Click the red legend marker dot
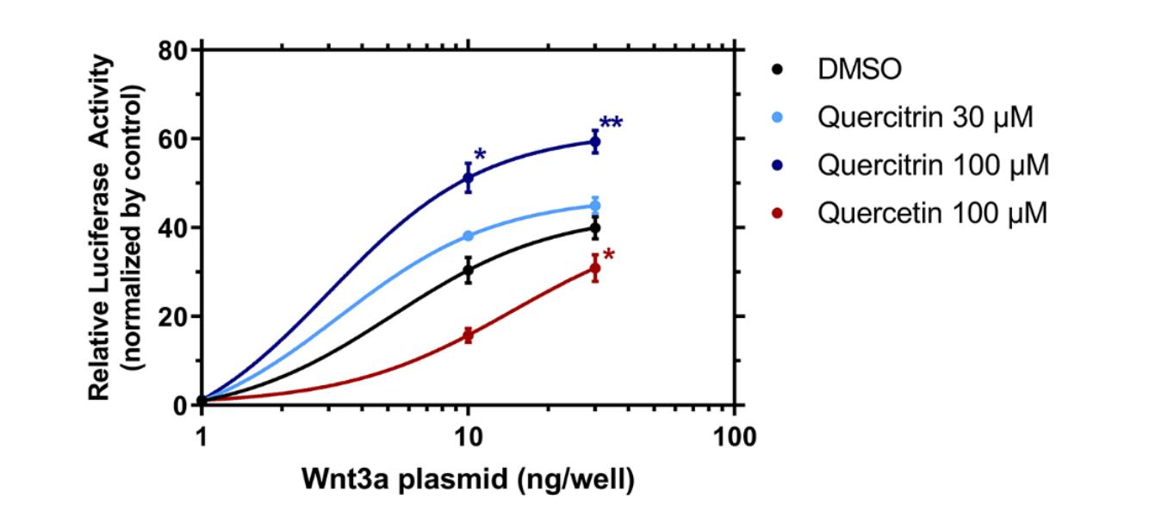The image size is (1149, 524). coord(779,212)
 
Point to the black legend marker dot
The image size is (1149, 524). coord(779,70)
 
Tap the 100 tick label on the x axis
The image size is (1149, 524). coord(734,435)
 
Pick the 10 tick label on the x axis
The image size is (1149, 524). coord(468,435)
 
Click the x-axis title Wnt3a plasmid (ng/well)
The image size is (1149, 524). coord(468,479)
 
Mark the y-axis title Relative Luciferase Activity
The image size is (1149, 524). coord(102,228)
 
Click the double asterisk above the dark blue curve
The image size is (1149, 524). coord(611,123)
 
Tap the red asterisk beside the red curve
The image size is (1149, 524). coord(609,256)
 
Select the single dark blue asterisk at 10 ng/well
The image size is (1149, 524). coord(480,156)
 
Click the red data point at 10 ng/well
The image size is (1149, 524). coord(468,334)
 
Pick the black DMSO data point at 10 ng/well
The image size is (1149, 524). coord(468,271)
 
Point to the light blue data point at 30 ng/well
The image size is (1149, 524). coord(594,205)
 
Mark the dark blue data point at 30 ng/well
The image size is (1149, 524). coord(594,142)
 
